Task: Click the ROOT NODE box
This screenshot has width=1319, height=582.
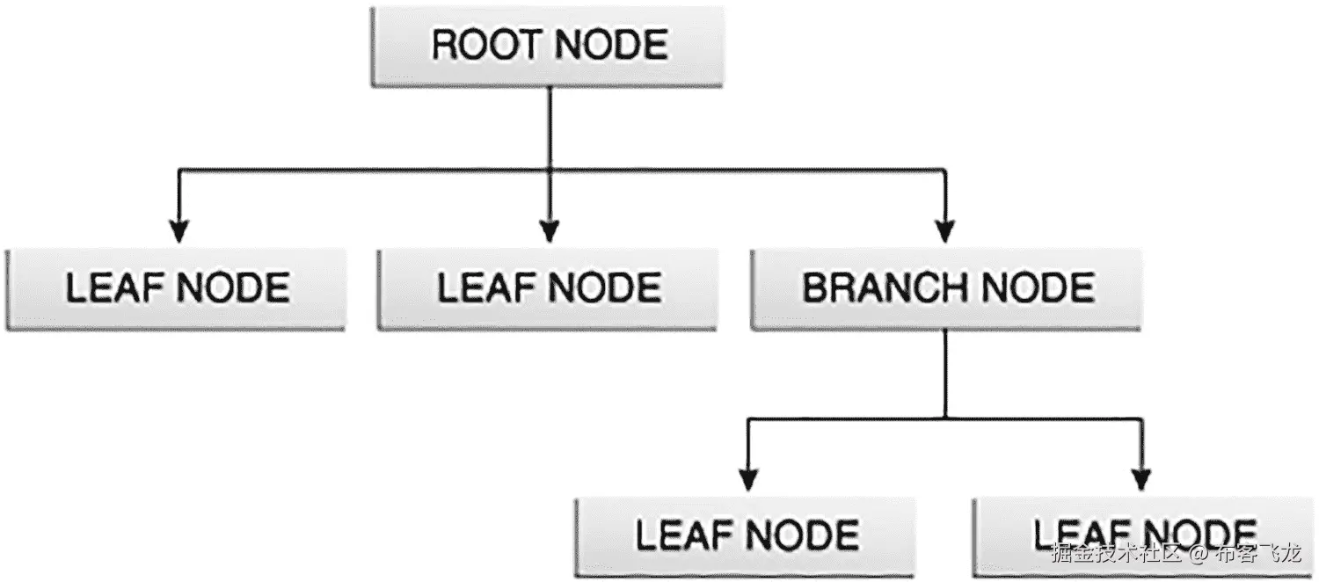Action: click(x=546, y=47)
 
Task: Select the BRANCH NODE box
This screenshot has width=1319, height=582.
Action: click(x=945, y=289)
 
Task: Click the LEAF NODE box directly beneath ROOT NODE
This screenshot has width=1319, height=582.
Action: click(x=547, y=289)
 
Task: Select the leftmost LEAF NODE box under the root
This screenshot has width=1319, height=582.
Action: click(x=176, y=289)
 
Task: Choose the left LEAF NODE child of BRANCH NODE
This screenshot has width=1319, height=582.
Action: click(x=746, y=536)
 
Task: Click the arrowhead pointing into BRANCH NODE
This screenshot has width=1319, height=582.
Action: click(x=945, y=230)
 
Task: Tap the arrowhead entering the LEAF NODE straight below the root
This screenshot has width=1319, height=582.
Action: click(x=550, y=230)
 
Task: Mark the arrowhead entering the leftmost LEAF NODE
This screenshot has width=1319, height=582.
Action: click(x=179, y=230)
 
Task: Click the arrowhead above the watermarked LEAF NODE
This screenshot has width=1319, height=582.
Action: click(x=1140, y=478)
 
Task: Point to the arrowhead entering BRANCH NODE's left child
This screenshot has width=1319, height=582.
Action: click(x=747, y=478)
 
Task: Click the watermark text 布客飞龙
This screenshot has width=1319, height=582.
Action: click(x=1257, y=555)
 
